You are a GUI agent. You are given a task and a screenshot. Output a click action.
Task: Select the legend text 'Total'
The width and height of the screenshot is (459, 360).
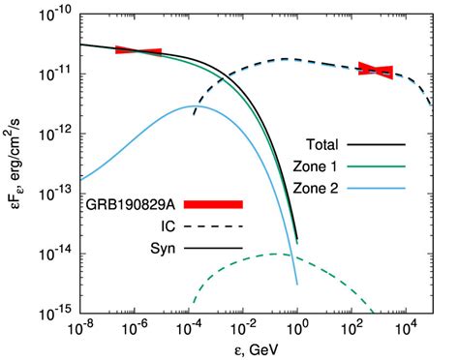[x=333, y=142]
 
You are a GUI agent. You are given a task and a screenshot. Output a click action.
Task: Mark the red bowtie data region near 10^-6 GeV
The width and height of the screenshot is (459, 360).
[x=138, y=50]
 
